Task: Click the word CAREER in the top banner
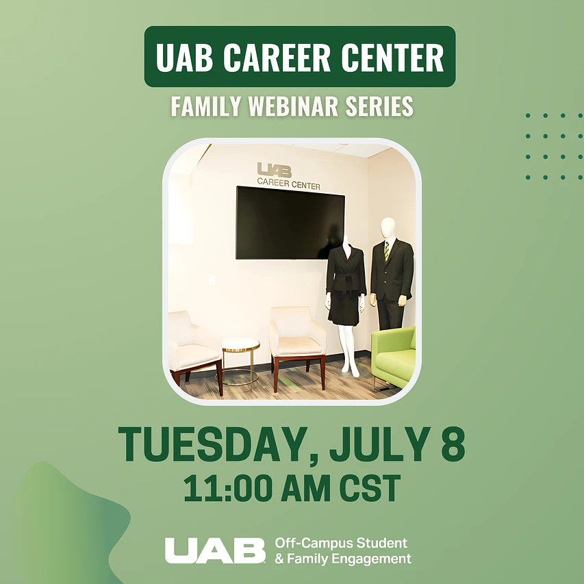(x=277, y=57)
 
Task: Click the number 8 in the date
(x=453, y=444)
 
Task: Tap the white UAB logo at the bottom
(x=215, y=550)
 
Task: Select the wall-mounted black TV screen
(x=290, y=223)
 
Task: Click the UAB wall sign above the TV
(x=274, y=170)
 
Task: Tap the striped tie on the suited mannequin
(x=387, y=252)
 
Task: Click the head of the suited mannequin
(x=388, y=228)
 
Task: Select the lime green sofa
(x=394, y=357)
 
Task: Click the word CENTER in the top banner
(x=392, y=57)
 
